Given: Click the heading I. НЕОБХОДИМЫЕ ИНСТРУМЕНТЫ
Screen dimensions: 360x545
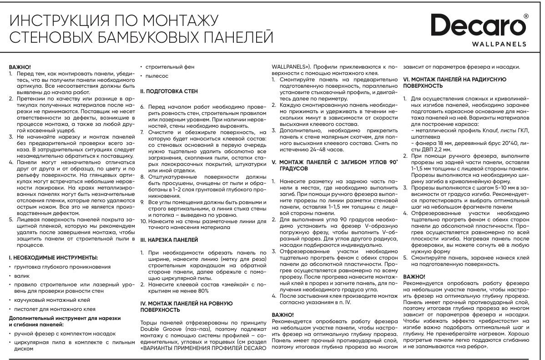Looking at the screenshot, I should coord(53,257).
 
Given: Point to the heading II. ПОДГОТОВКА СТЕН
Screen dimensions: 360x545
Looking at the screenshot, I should coord(168,91).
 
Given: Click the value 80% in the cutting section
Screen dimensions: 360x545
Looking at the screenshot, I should coord(203,290).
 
